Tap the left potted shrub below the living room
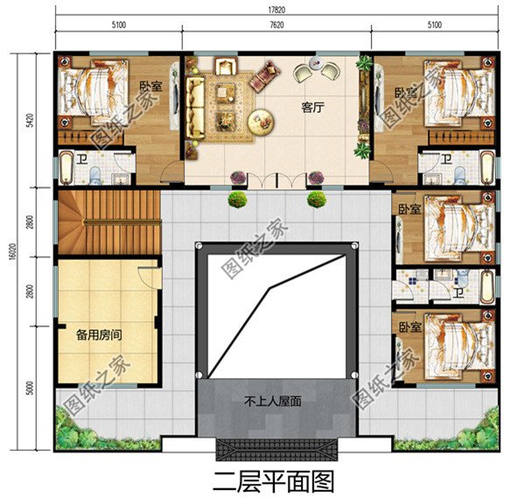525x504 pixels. [236, 199]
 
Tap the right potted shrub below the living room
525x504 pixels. [316, 199]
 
